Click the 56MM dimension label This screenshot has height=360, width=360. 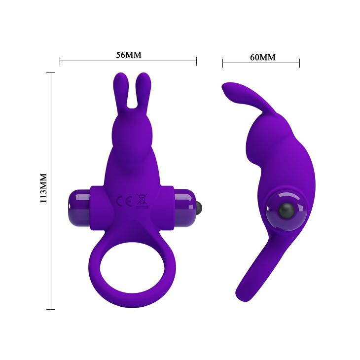(128, 55)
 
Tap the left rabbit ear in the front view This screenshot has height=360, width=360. (120, 89)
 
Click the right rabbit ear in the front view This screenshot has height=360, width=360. (143, 89)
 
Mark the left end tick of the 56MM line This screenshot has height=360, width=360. (60, 61)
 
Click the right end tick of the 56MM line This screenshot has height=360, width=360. (196, 61)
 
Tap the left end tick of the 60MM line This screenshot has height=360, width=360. (222, 63)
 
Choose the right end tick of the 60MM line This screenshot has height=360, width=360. (299, 63)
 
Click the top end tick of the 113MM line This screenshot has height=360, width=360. (50, 72)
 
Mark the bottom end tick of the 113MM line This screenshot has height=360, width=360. (50, 309)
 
